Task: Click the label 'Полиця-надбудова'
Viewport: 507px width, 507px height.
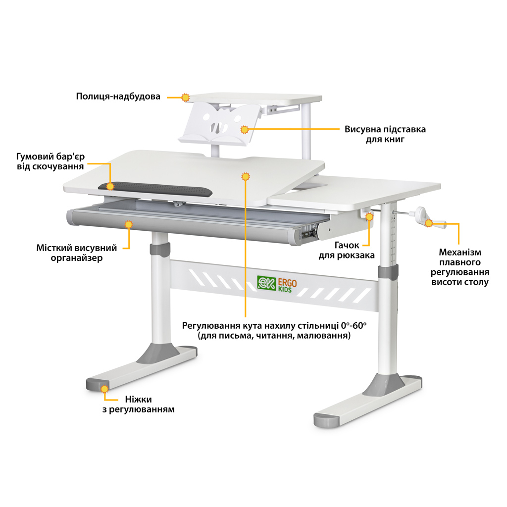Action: pyautogui.click(x=118, y=96)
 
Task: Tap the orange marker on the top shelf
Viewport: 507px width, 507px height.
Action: pyautogui.click(x=186, y=98)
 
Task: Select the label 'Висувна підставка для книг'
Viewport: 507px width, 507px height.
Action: pyautogui.click(x=385, y=134)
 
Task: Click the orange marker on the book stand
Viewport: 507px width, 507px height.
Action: pyautogui.click(x=244, y=130)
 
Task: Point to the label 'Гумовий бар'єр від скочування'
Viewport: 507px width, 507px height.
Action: pyautogui.click(x=51, y=161)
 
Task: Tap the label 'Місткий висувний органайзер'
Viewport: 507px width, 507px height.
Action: pyautogui.click(x=76, y=253)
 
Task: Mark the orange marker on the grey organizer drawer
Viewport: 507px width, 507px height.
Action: pyautogui.click(x=129, y=224)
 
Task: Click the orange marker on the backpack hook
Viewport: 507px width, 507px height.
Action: pyautogui.click(x=369, y=216)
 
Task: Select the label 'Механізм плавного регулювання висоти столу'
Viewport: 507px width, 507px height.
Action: pyautogui.click(x=459, y=267)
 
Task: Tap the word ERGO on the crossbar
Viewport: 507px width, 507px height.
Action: pyautogui.click(x=288, y=283)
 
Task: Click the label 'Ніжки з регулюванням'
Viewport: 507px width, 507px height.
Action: pyautogui.click(x=142, y=405)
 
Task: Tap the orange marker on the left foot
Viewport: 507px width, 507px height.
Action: pyautogui.click(x=104, y=389)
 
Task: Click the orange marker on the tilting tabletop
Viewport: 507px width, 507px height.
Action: pyautogui.click(x=245, y=176)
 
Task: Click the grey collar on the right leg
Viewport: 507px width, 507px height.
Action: pyautogui.click(x=388, y=271)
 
